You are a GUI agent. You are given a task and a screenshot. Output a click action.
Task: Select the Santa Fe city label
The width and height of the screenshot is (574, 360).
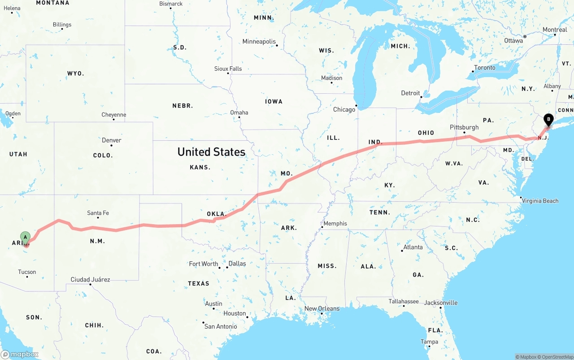pos(98,213)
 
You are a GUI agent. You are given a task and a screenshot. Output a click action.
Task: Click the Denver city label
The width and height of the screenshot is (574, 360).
pos(111,140)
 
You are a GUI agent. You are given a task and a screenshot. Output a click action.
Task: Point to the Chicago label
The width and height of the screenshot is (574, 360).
pos(344,109)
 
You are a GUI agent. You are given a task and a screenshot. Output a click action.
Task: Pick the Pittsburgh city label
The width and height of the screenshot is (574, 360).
pos(464,127)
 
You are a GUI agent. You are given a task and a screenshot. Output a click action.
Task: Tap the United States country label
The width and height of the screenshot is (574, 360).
pos(211,152)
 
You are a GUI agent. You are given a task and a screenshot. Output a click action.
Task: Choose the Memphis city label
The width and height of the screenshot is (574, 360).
pos(335,223)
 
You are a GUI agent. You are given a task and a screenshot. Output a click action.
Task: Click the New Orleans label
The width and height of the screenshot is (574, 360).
pos(322,308)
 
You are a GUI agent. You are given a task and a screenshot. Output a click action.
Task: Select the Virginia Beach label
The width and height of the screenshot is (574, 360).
pos(540,201)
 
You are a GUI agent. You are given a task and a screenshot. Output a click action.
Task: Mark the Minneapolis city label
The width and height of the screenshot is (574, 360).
pos(259,41)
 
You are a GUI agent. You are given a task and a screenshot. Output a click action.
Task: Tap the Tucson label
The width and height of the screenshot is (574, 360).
pos(27,272)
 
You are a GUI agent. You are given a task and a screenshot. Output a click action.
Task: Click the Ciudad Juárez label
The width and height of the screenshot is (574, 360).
pos(90,279)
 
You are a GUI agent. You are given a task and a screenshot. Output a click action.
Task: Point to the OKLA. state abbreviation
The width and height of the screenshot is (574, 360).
pos(216,214)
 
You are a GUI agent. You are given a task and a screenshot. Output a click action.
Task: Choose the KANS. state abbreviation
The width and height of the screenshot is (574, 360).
pos(200,167)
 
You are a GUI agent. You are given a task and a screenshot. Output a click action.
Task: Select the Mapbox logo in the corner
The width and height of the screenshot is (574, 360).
pos(20,354)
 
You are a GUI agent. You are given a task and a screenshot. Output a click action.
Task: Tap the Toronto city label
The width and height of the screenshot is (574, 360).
pos(484,68)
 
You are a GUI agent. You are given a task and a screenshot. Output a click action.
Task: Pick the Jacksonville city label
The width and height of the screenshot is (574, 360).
pos(441,303)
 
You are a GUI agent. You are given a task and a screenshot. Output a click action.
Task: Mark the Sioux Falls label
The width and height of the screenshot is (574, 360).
pos(228,69)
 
